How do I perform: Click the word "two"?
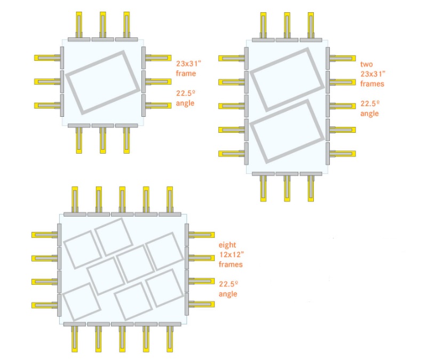pyautogui.click(x=366, y=64)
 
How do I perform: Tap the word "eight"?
pyautogui.click(x=227, y=245)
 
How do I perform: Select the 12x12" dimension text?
pyautogui.click(x=232, y=254)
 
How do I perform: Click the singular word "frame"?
pyautogui.click(x=186, y=74)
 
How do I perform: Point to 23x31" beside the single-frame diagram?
pyautogui.click(x=189, y=63)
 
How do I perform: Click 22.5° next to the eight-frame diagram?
pyautogui.click(x=229, y=284)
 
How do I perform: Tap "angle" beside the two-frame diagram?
pyautogui.click(x=369, y=114)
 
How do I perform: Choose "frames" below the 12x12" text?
pyautogui.click(x=231, y=264)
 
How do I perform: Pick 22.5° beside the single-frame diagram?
pyautogui.click(x=186, y=93)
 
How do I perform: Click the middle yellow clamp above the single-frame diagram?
pyautogui.click(x=102, y=25)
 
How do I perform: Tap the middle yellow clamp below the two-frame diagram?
pyautogui.click(x=287, y=189)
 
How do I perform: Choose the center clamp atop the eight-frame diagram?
pyautogui.click(x=122, y=199)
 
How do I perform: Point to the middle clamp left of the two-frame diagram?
pyautogui.click(x=232, y=106)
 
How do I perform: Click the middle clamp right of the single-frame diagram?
pyautogui.click(x=158, y=82)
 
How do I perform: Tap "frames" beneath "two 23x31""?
pyautogui.click(x=372, y=84)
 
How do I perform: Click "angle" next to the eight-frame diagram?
pyautogui.click(x=228, y=294)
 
